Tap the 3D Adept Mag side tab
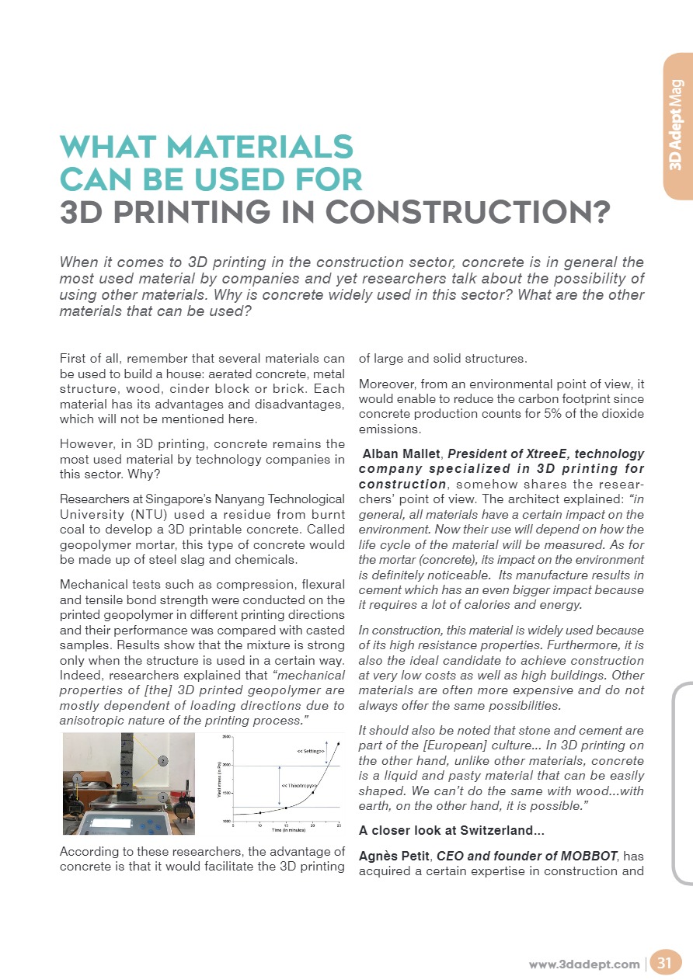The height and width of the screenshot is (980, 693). pos(676,124)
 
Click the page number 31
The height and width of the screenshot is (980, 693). pos(664,964)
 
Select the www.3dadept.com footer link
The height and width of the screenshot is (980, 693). pos(584,964)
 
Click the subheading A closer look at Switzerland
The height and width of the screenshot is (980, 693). pos(451,830)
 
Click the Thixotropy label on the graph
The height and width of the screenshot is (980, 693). pos(298,785)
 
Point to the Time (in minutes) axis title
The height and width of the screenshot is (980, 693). pos(286,830)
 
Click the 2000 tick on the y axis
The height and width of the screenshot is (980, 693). pos(226,766)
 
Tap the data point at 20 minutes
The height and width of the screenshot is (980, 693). pos(312,792)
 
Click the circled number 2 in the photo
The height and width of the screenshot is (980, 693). pos(162,760)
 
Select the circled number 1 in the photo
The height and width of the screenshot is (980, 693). pos(77,777)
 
